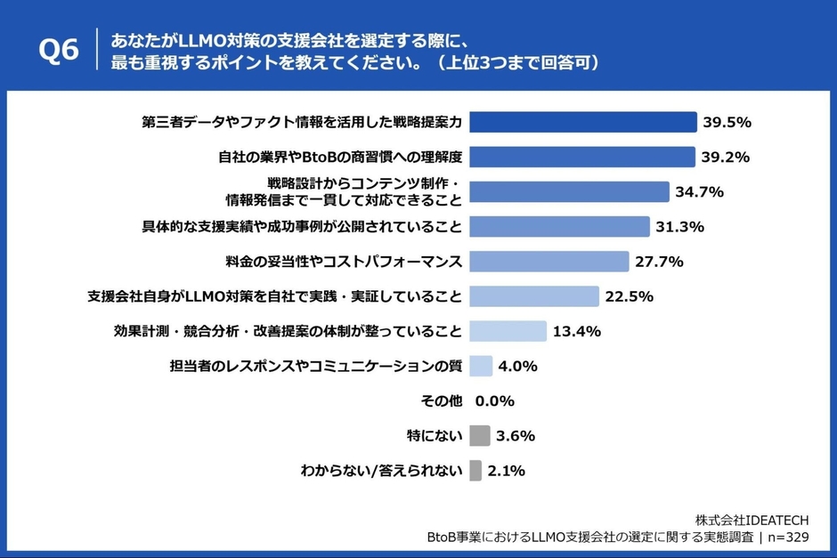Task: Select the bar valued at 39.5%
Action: click(582, 122)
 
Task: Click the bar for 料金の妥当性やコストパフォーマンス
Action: click(549, 262)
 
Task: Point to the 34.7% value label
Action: click(699, 191)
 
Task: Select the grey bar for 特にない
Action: click(480, 436)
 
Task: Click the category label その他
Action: click(441, 401)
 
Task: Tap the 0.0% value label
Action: click(495, 401)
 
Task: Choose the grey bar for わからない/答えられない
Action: click(475, 471)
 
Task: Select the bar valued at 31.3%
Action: click(559, 227)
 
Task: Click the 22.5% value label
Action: click(630, 296)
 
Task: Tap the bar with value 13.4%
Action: click(508, 331)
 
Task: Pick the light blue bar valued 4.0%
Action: click(481, 366)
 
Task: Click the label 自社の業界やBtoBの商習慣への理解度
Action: click(340, 157)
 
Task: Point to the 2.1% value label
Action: click(507, 471)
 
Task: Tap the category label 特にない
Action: click(434, 436)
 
